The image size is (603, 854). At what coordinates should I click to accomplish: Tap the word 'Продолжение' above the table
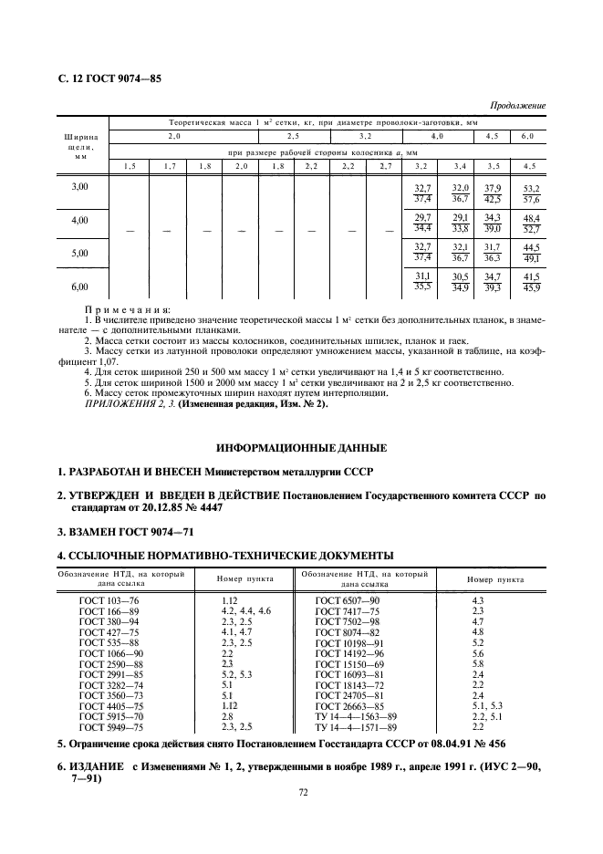click(x=518, y=106)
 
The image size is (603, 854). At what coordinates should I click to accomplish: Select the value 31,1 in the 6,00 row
click(x=421, y=276)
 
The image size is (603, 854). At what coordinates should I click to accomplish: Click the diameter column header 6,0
click(x=527, y=136)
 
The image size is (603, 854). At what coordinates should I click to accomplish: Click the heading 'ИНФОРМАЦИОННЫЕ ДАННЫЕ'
click(x=301, y=448)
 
